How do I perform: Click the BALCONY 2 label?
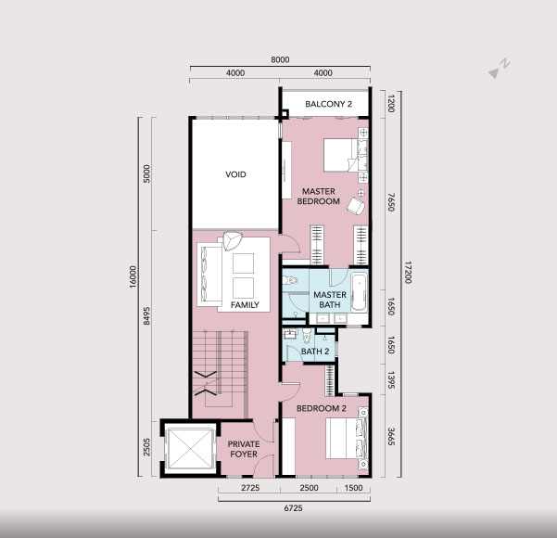click(329, 104)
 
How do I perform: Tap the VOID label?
click(235, 174)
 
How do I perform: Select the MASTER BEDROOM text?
click(318, 197)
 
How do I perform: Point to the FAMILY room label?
click(245, 305)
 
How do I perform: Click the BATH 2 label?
click(315, 352)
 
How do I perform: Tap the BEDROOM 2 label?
click(321, 408)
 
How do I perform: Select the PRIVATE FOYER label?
click(244, 449)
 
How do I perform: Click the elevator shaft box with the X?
click(190, 449)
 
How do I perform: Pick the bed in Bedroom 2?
click(346, 439)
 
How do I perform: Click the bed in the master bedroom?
click(345, 155)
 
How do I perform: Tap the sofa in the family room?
click(210, 274)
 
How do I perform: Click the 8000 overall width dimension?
click(280, 59)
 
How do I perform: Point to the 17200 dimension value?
click(408, 273)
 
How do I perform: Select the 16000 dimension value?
click(133, 276)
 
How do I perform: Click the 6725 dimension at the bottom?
click(294, 508)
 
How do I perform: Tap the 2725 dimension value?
click(250, 488)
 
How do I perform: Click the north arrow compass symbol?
click(500, 69)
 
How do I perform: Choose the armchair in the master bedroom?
click(356, 206)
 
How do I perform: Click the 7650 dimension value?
click(391, 202)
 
